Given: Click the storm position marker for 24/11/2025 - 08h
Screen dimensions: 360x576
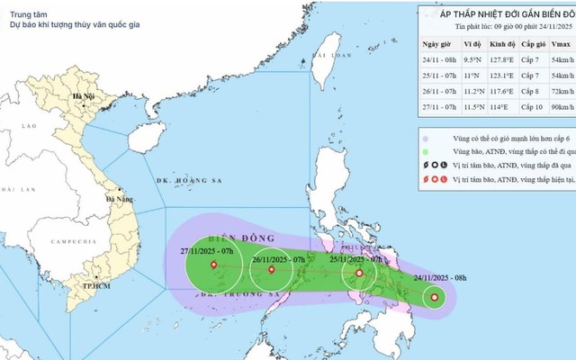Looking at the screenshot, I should click(436, 298).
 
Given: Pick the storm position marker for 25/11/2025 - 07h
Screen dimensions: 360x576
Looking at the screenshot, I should click(359, 273).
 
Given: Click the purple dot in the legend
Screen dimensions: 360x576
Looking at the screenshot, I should click(423, 139).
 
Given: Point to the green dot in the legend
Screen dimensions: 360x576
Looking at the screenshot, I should click(423, 155).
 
